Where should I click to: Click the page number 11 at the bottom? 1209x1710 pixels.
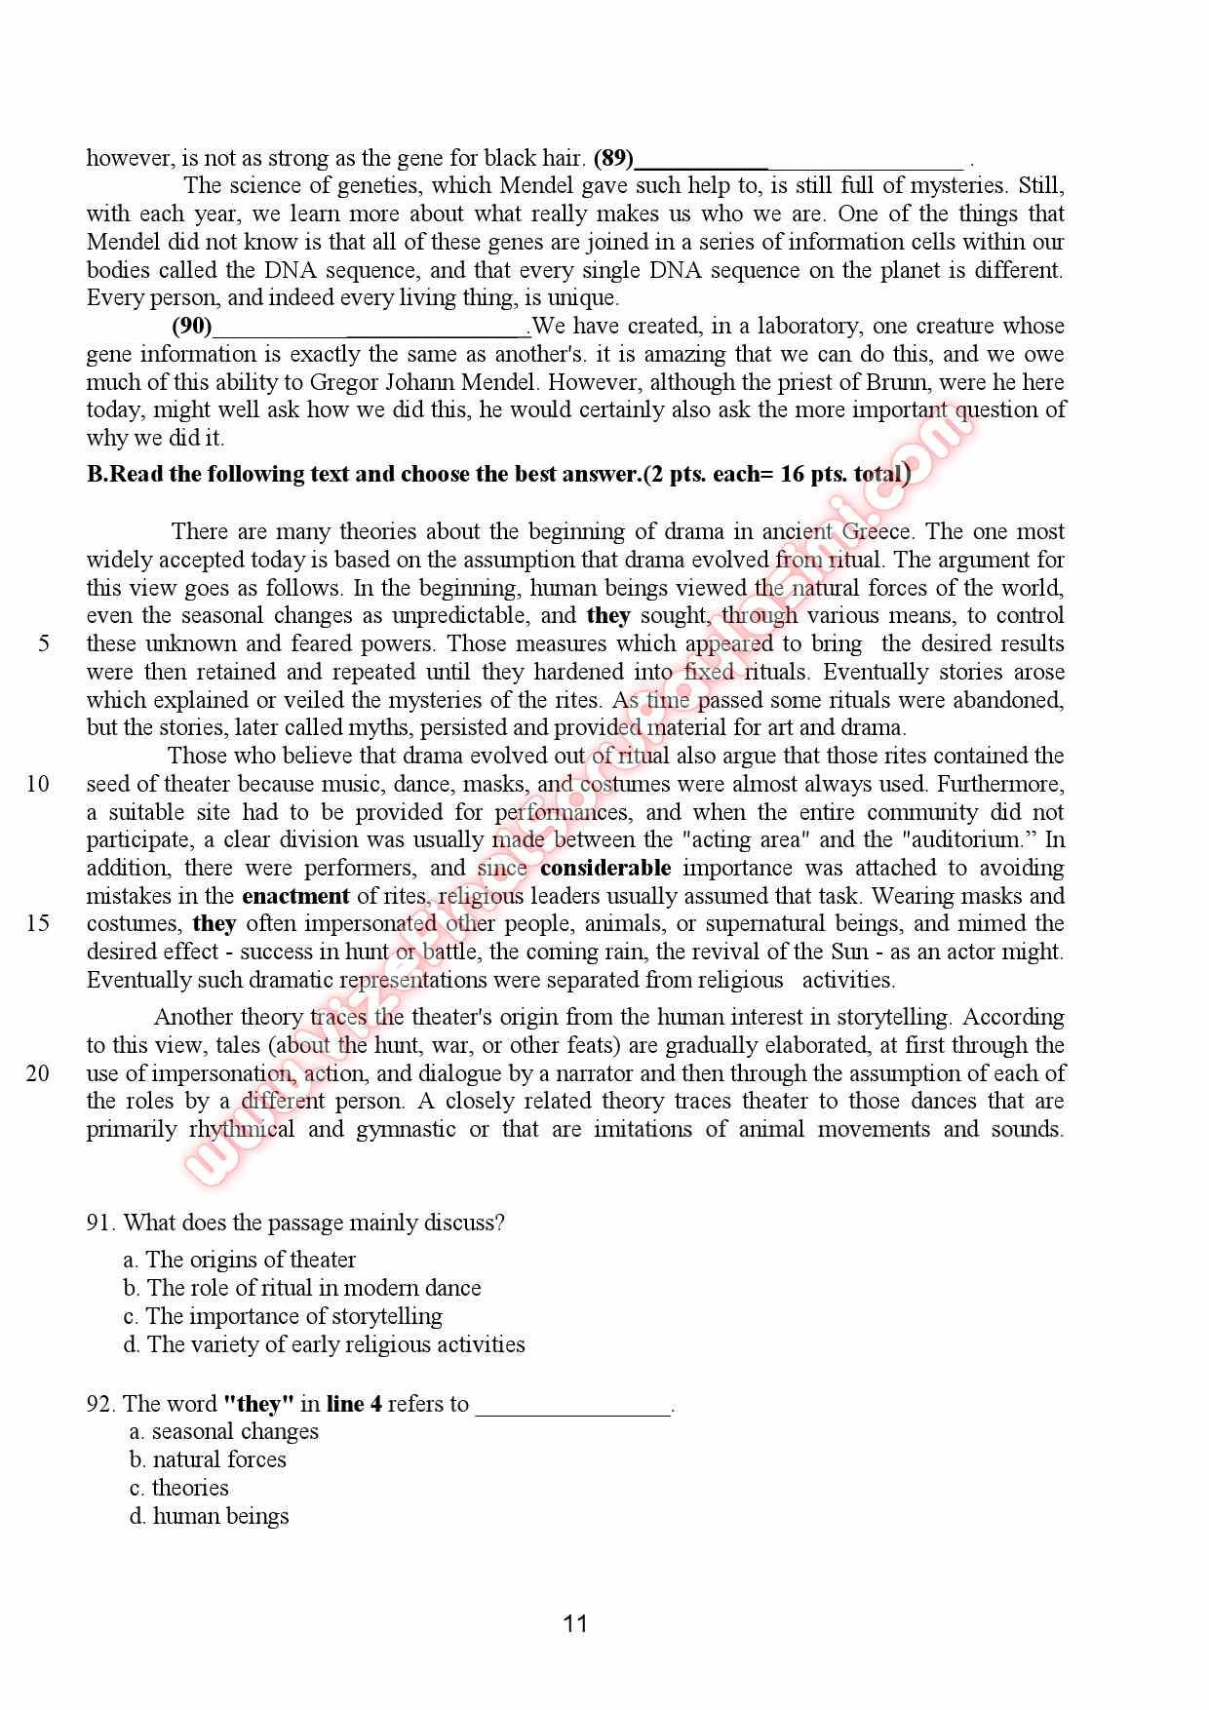pyautogui.click(x=575, y=1623)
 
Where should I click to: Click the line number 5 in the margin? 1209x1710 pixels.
pyautogui.click(x=44, y=643)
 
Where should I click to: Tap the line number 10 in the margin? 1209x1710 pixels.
pyautogui.click(x=38, y=784)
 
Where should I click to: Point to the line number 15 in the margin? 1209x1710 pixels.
pyautogui.click(x=38, y=923)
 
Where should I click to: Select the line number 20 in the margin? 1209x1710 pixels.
pyautogui.click(x=38, y=1073)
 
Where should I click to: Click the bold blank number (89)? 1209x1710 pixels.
pyautogui.click(x=613, y=158)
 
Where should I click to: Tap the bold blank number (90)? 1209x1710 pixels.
pyautogui.click(x=192, y=326)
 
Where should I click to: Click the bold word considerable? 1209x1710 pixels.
pyautogui.click(x=605, y=868)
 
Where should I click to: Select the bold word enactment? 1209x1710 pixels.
pyautogui.click(x=295, y=896)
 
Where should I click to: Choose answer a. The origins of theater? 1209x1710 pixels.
pyautogui.click(x=240, y=1260)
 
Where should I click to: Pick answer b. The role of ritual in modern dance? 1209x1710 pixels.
pyautogui.click(x=302, y=1288)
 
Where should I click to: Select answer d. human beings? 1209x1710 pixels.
pyautogui.click(x=210, y=1516)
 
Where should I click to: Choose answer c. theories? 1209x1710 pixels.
pyautogui.click(x=179, y=1488)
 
